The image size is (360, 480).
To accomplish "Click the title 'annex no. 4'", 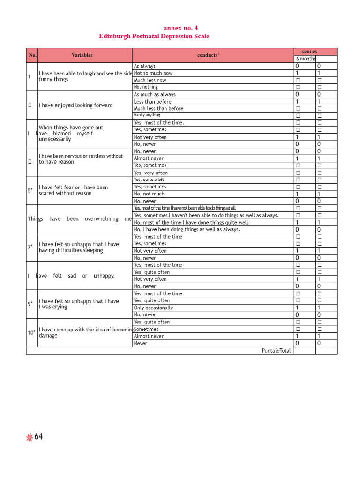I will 180,28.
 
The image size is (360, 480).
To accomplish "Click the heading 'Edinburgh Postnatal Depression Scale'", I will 154,36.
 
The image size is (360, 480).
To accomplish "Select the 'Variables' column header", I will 82,55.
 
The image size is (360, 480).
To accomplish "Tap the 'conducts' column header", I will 208,55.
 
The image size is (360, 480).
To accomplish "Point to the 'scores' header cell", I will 309,52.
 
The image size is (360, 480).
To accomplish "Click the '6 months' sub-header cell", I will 306,59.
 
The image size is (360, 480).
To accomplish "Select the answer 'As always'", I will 145,66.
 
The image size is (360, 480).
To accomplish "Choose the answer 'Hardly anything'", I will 147,115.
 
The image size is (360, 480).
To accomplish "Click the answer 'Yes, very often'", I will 150,172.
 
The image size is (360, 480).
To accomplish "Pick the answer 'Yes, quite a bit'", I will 149,180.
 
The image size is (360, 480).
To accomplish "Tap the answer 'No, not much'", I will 149,194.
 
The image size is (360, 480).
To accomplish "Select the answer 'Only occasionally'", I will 153,307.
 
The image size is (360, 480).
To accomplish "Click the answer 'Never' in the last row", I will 141,343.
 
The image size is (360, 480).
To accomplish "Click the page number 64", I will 38,437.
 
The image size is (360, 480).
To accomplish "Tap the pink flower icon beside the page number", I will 30,437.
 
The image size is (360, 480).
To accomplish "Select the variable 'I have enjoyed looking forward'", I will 75,105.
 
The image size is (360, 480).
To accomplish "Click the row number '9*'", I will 30,304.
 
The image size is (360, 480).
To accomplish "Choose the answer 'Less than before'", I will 152,101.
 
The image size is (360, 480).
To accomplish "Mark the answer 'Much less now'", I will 150,80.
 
